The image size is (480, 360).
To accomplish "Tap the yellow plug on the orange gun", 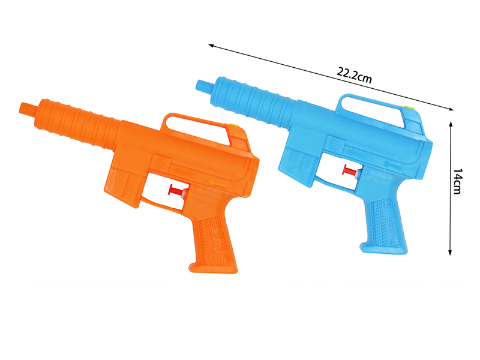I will tap(235, 127).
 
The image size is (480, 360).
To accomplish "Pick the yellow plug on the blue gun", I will tap(410, 108).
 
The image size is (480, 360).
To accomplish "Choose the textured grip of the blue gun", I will tap(384, 218).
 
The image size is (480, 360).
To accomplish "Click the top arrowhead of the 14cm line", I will tap(450, 122).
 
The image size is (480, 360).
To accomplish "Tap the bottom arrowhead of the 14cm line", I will tap(450, 254).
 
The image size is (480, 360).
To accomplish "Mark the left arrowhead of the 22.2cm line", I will tap(210, 45).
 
